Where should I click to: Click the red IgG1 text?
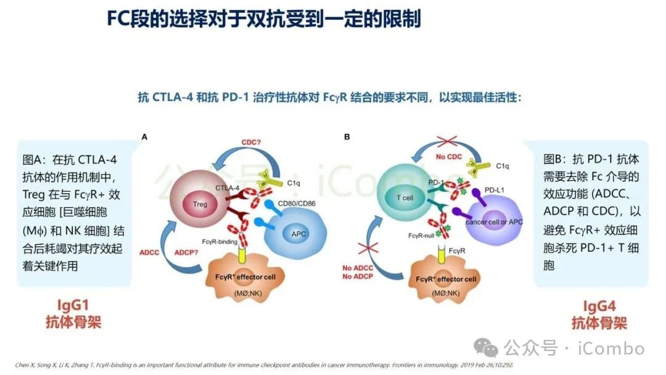(x=73, y=305)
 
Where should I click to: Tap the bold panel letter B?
(x=347, y=137)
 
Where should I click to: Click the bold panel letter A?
(x=144, y=137)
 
